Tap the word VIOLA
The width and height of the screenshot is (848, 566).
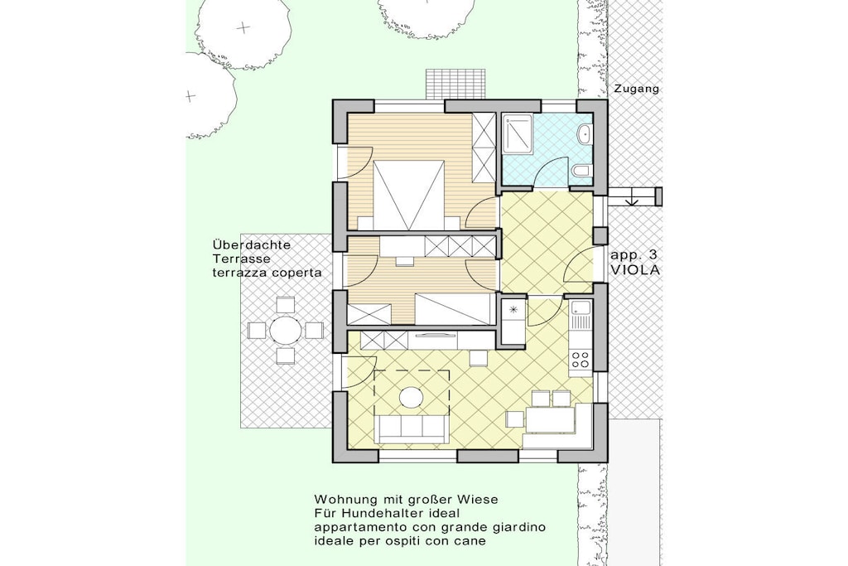point(635,270)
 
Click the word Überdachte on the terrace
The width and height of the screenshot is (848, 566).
point(252,244)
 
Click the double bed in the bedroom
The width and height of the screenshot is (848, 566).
point(409,196)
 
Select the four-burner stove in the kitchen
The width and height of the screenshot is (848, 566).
point(581,360)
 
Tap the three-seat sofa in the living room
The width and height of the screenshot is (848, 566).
point(412,428)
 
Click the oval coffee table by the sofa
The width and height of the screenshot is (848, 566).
point(412,398)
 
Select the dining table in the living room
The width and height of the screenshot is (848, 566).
point(550,419)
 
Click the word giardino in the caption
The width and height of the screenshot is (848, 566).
point(517,527)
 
